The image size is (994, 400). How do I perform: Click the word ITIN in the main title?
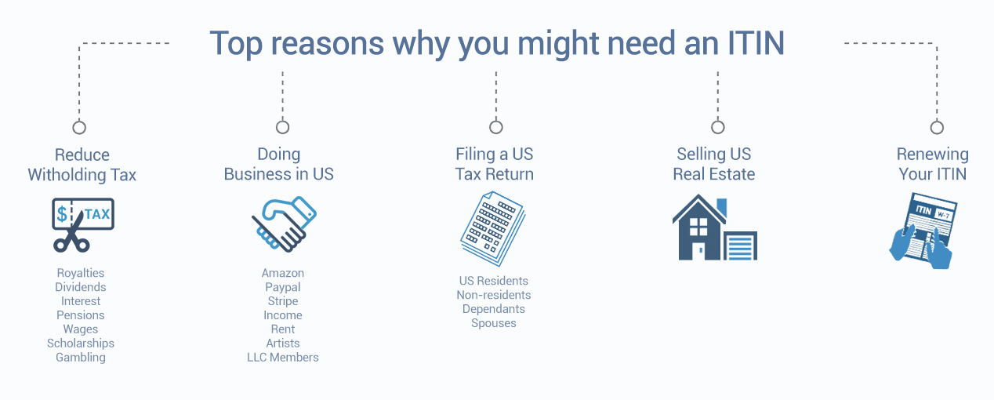coord(756,43)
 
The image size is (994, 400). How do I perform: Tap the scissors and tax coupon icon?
coord(83,225)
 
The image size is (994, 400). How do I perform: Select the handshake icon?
coord(284,224)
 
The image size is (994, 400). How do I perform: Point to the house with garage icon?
coord(715,227)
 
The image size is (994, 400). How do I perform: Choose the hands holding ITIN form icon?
coord(923,231)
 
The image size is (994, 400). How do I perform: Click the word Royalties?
coord(80,273)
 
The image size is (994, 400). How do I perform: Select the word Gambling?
coord(80,357)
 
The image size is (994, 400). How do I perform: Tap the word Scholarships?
coord(80,344)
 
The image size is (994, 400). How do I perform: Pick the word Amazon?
coord(283,273)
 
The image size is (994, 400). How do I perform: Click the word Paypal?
coord(283,287)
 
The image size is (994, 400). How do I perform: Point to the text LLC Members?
coord(283,357)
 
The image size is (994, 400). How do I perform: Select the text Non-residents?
coord(493,295)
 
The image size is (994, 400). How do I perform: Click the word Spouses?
coord(493,323)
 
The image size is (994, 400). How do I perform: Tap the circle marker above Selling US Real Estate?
coord(717,127)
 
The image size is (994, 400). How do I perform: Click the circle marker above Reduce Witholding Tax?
coord(79,127)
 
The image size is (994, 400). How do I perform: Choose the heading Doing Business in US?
coord(278,164)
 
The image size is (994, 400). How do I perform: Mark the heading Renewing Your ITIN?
coord(932,164)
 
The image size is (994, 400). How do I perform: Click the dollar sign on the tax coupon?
coord(62,214)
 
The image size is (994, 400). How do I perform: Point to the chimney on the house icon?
coord(722,207)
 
